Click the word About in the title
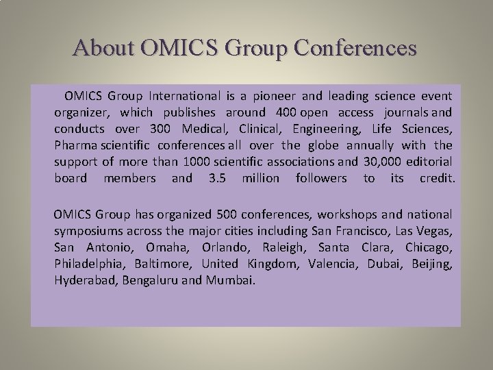[105, 48]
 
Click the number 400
[287, 112]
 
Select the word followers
[321, 178]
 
